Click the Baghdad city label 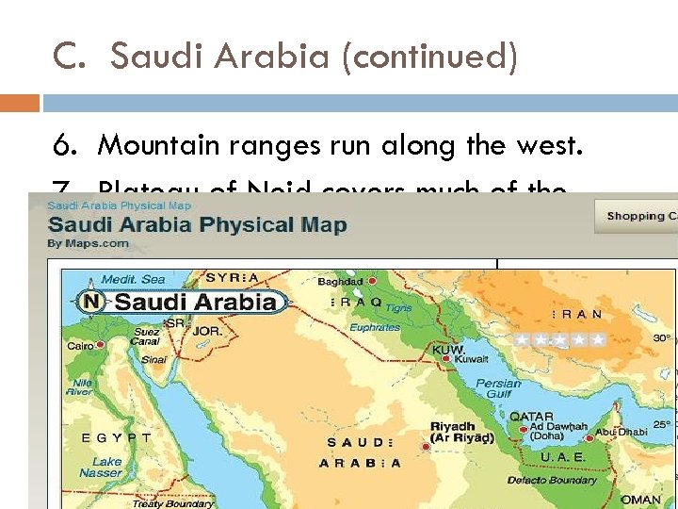coord(339,281)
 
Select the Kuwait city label coord(472,359)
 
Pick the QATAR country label coord(531,416)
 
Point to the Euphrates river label coord(376,327)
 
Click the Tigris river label coord(398,308)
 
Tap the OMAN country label coord(641,500)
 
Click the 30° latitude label coord(662,338)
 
